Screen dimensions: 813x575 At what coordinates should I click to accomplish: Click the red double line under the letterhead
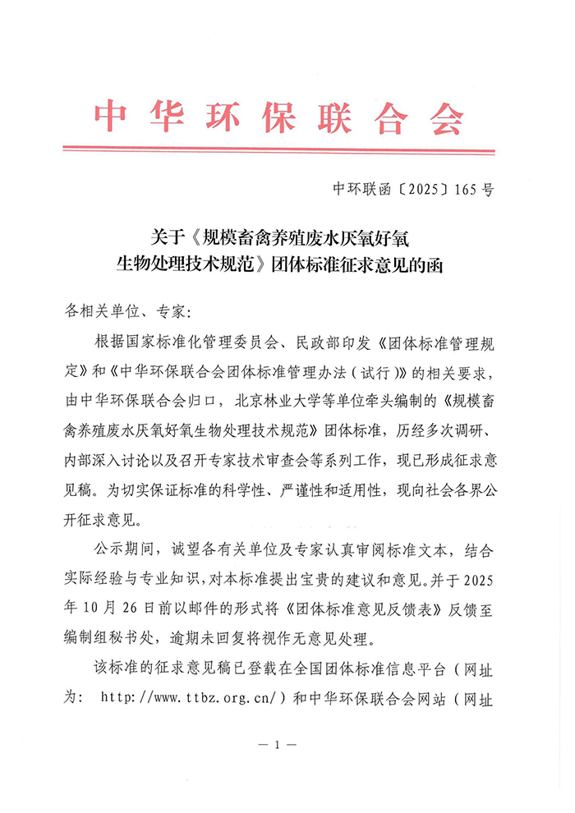coord(278,150)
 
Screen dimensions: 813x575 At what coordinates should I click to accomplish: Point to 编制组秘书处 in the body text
coord(116,637)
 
